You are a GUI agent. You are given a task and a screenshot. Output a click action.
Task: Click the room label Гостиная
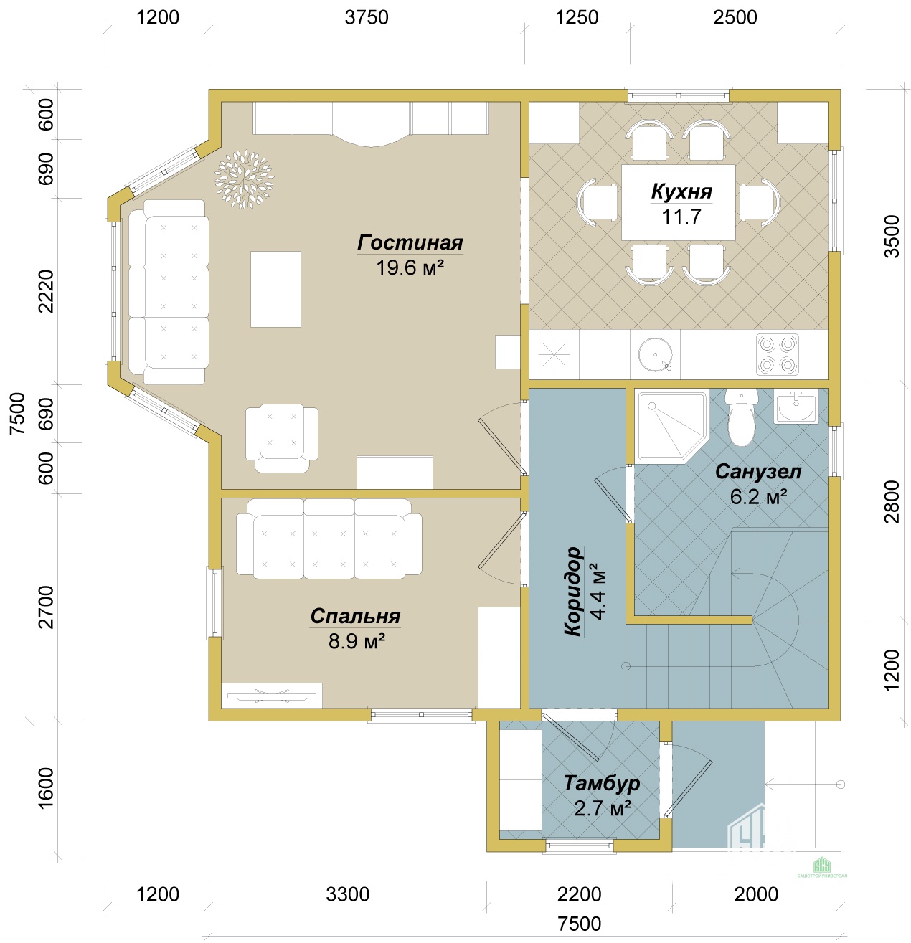tap(410, 242)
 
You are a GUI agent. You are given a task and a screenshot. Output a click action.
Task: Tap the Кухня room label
tap(681, 191)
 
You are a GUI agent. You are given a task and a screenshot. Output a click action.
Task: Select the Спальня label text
tap(355, 616)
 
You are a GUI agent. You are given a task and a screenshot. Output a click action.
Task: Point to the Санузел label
tap(757, 472)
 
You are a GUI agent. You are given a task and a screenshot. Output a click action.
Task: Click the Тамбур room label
tap(601, 783)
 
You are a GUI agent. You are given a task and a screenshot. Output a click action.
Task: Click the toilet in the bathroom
tap(741, 417)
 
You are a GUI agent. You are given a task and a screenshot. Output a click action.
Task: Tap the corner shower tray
tap(672, 427)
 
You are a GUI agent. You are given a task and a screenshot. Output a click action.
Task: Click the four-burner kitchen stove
tap(777, 354)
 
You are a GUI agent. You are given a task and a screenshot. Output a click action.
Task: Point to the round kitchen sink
tap(655, 354)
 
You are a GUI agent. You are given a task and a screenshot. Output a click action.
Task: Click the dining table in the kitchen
tap(679, 202)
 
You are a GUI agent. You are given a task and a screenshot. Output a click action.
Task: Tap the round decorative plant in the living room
tap(244, 179)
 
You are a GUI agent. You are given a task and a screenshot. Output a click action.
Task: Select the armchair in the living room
tap(282, 438)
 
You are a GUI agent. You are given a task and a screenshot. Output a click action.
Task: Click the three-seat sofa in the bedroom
tap(329, 539)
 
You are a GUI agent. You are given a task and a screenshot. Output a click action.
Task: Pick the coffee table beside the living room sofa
tap(275, 289)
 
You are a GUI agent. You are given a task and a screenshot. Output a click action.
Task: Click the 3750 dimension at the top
tap(367, 17)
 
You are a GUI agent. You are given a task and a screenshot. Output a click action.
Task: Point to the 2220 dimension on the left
tap(46, 291)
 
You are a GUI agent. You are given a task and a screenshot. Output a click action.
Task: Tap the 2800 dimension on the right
tap(892, 501)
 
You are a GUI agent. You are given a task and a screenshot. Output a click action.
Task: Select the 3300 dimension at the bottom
tap(348, 894)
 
